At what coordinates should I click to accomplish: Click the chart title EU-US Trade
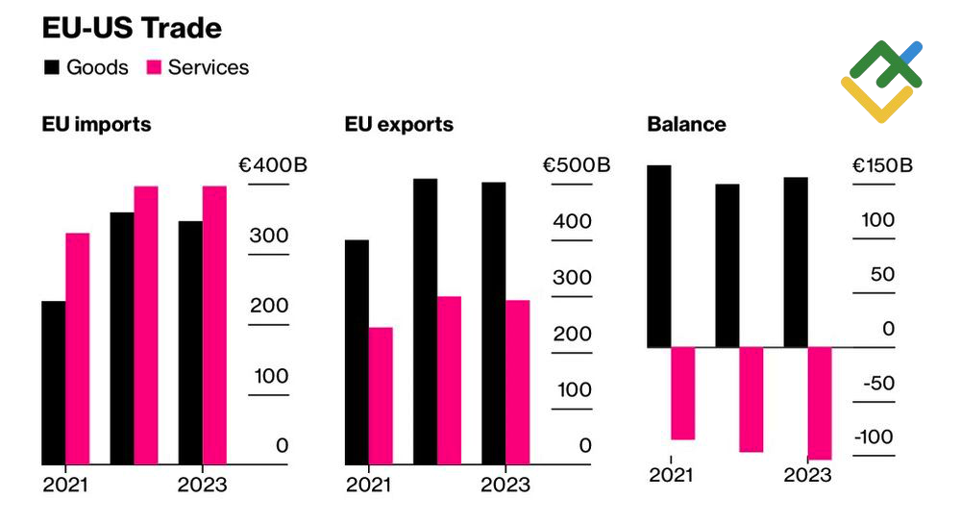click(x=132, y=28)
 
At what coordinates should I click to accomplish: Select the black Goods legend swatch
click(x=52, y=67)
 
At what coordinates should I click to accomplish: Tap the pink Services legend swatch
click(x=155, y=67)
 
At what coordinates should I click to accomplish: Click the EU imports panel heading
click(x=96, y=125)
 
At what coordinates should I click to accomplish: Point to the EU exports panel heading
click(x=399, y=125)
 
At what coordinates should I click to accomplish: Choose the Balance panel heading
click(x=686, y=125)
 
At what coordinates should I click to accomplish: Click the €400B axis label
click(x=273, y=165)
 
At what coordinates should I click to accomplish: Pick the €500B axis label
click(x=577, y=165)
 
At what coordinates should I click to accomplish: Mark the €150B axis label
click(x=883, y=165)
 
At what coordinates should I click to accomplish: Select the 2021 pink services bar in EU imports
click(x=78, y=349)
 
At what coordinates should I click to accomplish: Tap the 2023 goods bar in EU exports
click(x=494, y=323)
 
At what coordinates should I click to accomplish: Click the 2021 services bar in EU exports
click(x=381, y=395)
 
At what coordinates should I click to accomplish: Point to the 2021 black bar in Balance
click(x=658, y=256)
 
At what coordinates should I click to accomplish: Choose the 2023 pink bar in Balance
click(x=820, y=403)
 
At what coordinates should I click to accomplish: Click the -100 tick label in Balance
click(x=875, y=437)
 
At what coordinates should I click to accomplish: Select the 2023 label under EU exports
click(x=505, y=485)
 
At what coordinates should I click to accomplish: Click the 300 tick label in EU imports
click(x=269, y=237)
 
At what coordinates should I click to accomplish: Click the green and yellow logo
click(x=881, y=82)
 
